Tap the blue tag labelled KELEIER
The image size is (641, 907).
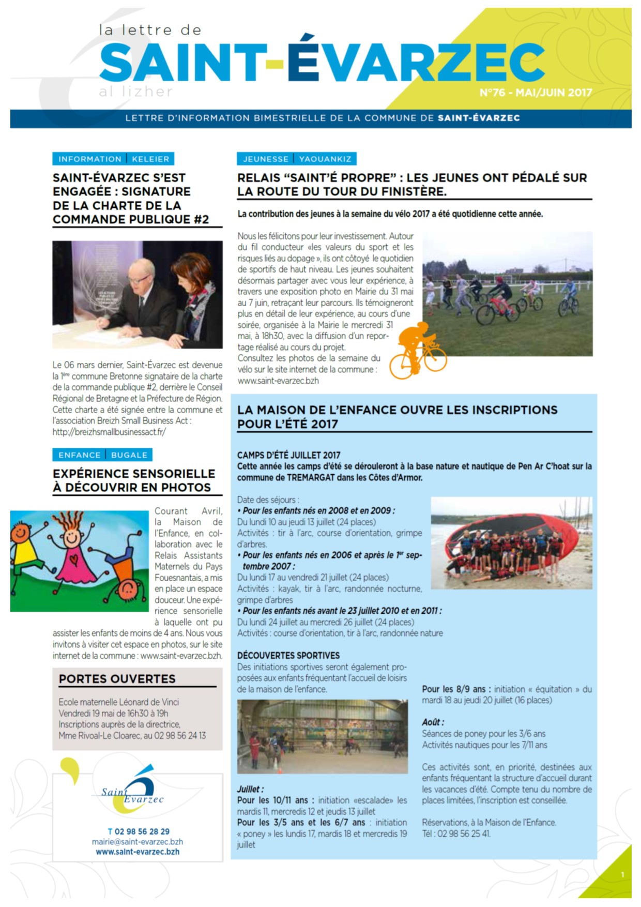(150, 159)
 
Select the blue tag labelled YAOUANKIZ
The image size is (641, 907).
(325, 159)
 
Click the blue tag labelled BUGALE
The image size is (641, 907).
(129, 455)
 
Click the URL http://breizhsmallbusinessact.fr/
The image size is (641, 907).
(109, 432)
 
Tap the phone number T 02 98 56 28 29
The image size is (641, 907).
(139, 832)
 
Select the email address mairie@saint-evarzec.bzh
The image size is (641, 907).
(138, 842)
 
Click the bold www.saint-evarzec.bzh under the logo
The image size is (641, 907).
(138, 852)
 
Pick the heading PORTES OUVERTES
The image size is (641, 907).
(117, 679)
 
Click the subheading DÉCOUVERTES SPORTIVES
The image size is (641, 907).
(288, 656)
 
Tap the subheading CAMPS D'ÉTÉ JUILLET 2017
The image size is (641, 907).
(288, 455)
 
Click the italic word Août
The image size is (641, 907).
(433, 722)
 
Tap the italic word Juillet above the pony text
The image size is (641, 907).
(250, 789)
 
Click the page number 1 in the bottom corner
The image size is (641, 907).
(622, 875)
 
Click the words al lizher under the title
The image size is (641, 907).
(135, 92)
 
